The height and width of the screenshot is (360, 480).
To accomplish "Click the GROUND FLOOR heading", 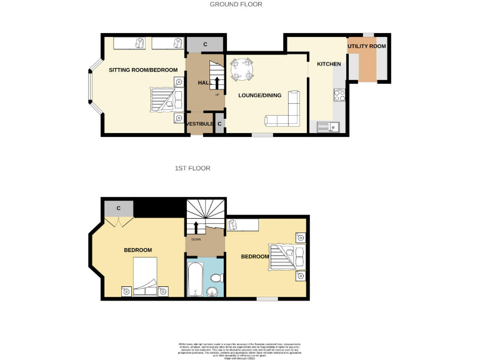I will (236, 4).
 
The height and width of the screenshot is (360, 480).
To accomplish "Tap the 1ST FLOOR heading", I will (192, 169).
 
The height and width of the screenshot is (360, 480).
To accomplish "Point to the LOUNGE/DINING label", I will (259, 96).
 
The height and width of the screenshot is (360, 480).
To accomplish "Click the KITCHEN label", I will (329, 64).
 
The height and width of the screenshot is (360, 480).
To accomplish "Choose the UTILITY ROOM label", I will (367, 46).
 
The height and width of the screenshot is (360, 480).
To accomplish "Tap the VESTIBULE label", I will (199, 124).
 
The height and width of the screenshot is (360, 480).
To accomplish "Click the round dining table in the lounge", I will (242, 69).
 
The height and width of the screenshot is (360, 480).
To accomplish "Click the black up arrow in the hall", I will (217, 82).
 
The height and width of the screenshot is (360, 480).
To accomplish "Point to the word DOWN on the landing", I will (196, 239).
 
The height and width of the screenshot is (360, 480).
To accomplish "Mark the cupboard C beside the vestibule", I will (219, 124).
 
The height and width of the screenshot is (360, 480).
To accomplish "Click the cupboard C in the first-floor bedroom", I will (117, 208).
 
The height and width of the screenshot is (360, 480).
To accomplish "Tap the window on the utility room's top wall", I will (368, 34).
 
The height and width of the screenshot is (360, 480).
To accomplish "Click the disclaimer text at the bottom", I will (240, 349).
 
